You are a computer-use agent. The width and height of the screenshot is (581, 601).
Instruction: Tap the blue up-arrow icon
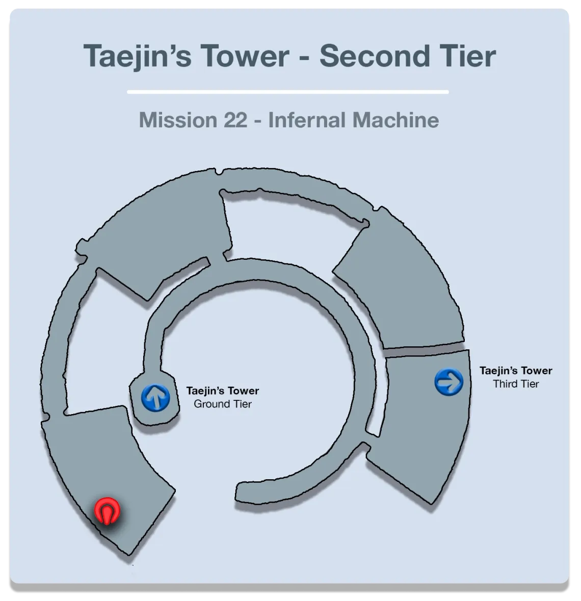point(155,398)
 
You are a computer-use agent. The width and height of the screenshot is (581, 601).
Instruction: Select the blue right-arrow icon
point(448,382)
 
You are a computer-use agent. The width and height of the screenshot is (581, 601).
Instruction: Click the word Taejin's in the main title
point(137,57)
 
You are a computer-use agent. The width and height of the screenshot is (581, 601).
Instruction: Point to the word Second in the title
point(374,56)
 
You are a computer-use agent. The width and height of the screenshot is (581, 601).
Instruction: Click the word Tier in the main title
point(468,56)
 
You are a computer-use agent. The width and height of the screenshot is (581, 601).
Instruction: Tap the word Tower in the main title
point(245,56)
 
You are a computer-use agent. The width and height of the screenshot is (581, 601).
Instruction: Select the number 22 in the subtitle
point(236,120)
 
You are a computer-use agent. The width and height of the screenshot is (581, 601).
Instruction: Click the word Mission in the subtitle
point(178,120)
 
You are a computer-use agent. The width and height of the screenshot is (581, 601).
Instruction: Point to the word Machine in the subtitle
point(396,120)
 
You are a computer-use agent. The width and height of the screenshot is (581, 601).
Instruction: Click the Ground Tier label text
point(223,404)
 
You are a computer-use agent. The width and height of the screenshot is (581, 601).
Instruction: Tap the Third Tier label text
point(516,384)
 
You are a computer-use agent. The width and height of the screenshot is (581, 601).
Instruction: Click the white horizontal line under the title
point(287,92)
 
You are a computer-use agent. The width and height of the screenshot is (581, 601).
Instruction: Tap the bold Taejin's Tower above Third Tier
point(516,371)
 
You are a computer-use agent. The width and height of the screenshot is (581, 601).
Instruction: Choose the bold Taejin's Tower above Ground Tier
point(222,391)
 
